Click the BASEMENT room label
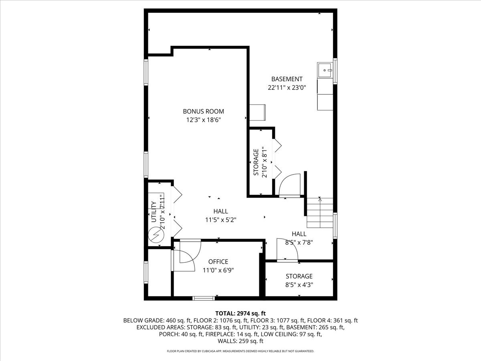click(287, 79)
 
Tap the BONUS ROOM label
click(203, 112)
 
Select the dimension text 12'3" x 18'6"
click(203, 120)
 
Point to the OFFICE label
click(218, 262)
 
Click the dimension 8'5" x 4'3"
click(299, 285)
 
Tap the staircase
click(320, 213)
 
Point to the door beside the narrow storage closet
click(289, 185)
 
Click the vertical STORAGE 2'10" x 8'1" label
click(259, 162)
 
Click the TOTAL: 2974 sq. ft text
click(240, 313)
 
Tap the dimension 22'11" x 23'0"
click(287, 87)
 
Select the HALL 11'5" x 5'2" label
click(220, 215)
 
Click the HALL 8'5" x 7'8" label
click(299, 238)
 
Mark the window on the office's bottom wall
click(203, 298)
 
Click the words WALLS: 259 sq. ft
click(240, 341)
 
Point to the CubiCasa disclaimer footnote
click(240, 351)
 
